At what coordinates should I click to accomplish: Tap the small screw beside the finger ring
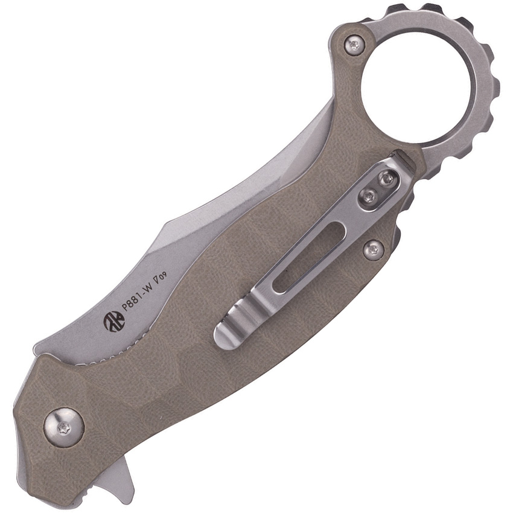(354, 44)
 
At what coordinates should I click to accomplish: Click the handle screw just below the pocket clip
(374, 250)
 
